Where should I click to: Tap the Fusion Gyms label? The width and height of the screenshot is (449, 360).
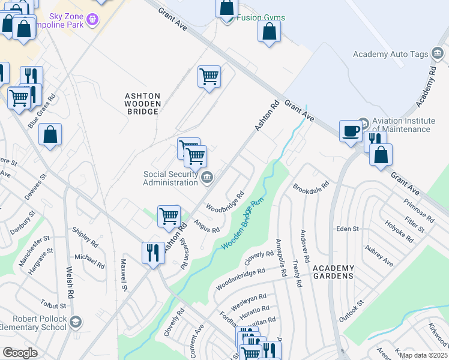pos(260,17)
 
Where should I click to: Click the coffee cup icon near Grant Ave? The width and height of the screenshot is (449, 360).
pos(351,130)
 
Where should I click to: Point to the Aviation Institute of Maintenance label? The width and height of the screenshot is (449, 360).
pos(401,125)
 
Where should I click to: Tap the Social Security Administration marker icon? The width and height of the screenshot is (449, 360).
pos(207,176)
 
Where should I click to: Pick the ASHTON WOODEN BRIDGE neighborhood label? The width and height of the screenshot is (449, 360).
pos(142,104)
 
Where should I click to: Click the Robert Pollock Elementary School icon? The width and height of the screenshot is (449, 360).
pos(75,322)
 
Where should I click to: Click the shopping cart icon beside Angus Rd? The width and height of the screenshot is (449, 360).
pos(169,216)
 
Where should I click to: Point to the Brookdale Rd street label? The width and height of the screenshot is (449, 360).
pos(312,187)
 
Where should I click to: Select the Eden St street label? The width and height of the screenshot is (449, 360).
pos(347,229)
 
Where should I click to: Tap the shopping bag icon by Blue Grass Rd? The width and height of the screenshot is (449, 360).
pos(50,134)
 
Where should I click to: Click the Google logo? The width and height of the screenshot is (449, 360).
pos(20,352)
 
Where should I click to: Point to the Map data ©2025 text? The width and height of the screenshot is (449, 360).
pos(423,355)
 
